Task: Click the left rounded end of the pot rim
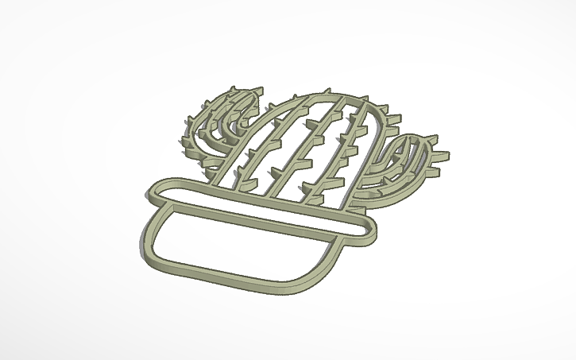pos(153,192)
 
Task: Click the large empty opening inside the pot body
pos(238,246)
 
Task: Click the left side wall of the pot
pos(150,230)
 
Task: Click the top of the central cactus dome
pos(318,94)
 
